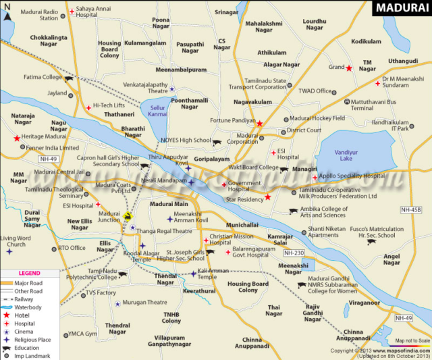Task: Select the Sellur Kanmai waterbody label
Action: point(157,111)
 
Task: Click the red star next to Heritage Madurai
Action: point(17,138)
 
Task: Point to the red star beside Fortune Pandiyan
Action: point(260,123)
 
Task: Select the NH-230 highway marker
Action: point(294,253)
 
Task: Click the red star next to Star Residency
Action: point(268,198)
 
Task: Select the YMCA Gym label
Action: point(82,334)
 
